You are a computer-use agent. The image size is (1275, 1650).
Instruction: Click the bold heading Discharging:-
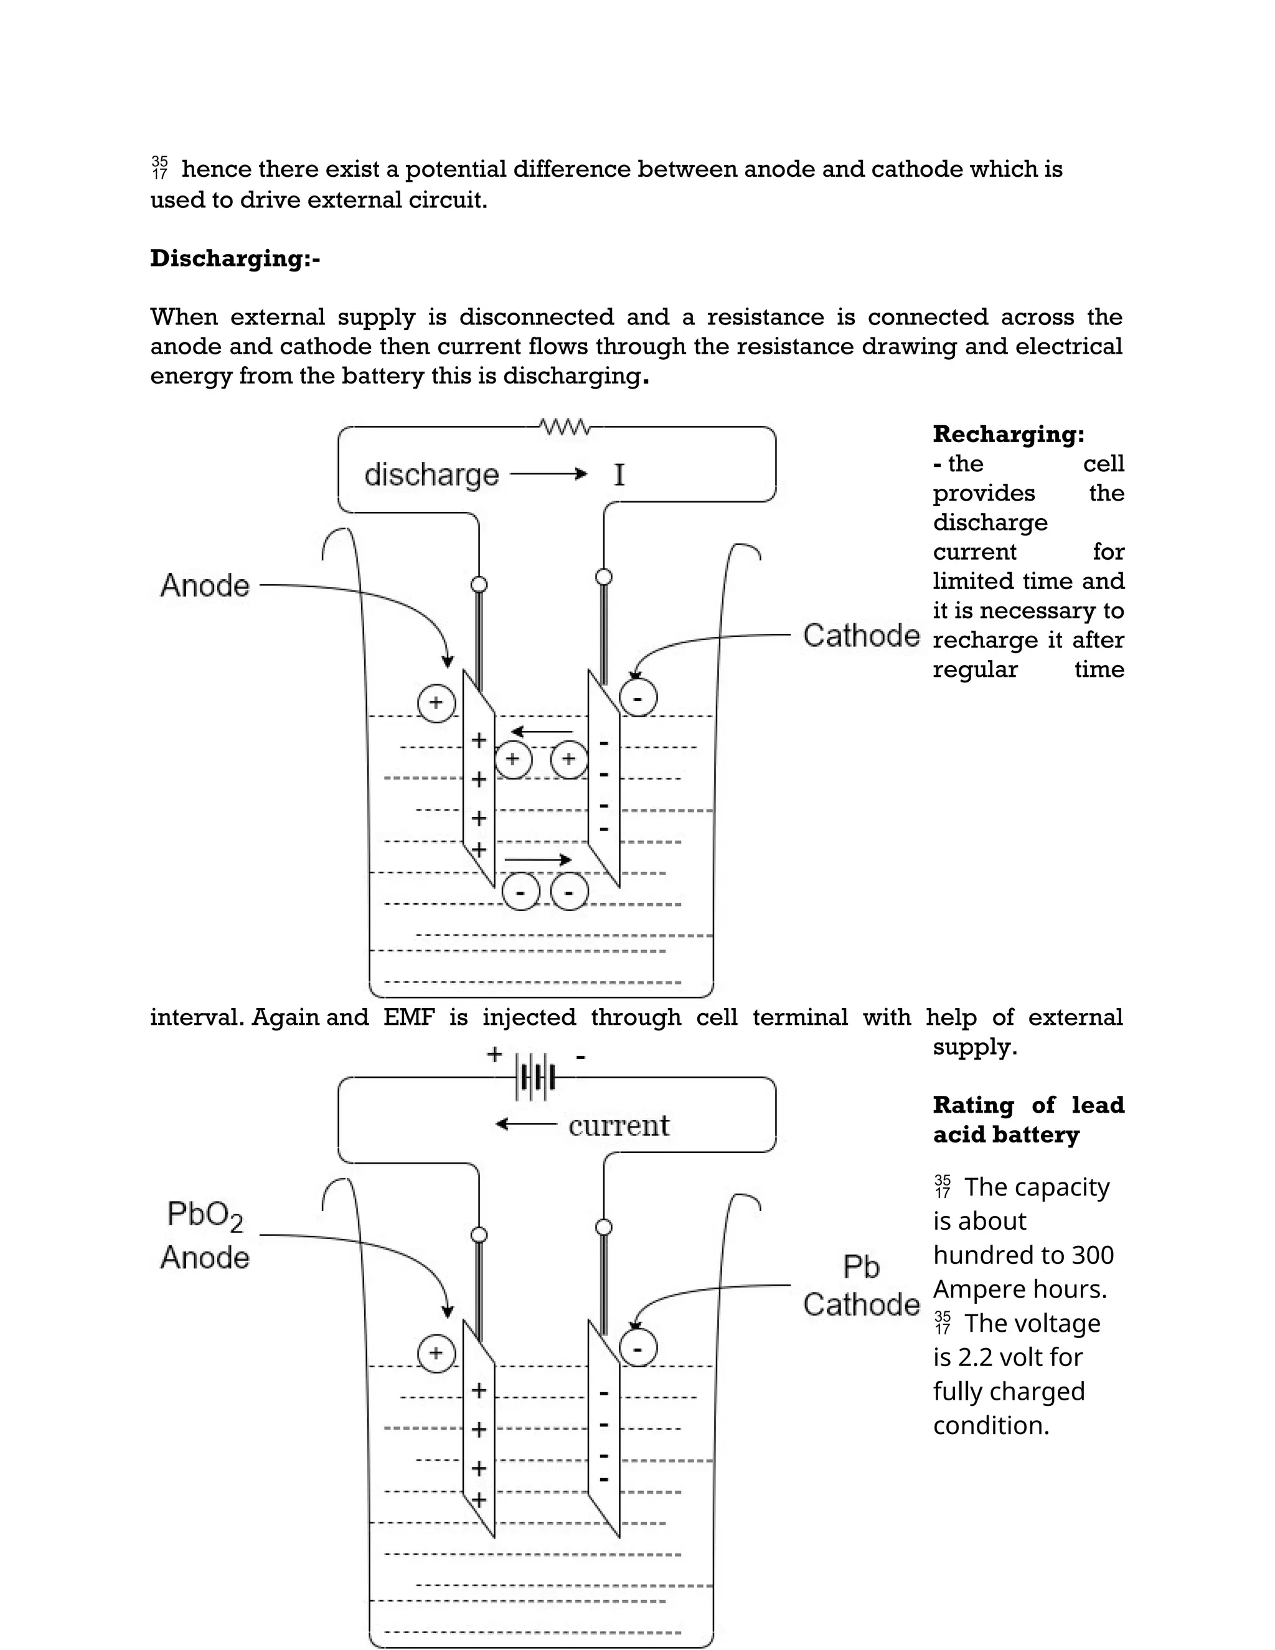[x=235, y=258]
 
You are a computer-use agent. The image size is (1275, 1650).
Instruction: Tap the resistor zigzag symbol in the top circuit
[x=566, y=427]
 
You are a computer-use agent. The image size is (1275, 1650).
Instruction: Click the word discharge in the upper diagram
[x=431, y=475]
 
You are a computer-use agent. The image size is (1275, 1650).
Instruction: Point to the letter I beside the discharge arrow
[x=619, y=475]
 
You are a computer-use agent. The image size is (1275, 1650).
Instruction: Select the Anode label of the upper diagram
[x=205, y=585]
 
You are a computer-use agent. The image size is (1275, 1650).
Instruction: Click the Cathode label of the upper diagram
[x=861, y=635]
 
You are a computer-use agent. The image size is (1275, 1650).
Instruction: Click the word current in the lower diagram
[x=619, y=1125]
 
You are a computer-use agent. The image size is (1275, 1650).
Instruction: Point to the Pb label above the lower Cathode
[x=861, y=1267]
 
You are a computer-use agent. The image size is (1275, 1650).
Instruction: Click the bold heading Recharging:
[x=1009, y=435]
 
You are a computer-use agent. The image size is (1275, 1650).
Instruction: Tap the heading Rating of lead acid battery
[x=1028, y=1120]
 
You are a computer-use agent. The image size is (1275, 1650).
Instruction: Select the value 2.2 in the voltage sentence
[x=974, y=1357]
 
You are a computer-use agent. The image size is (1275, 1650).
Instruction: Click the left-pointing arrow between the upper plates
[x=542, y=732]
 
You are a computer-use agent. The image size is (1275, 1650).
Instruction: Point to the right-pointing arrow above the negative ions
[x=538, y=860]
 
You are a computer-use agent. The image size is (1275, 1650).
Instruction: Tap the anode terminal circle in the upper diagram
[x=479, y=585]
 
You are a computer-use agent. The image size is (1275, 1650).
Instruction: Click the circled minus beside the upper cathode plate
[x=638, y=698]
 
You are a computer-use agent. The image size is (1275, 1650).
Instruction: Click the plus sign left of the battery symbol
[x=494, y=1054]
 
